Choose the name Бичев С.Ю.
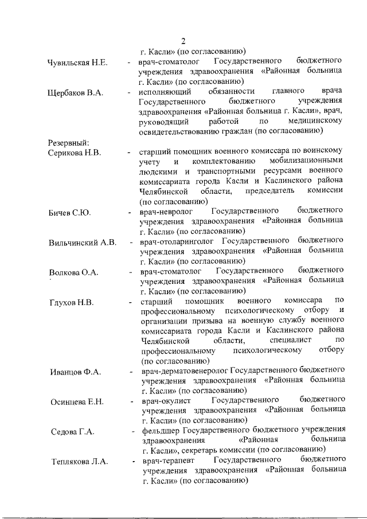pyautogui.click(x=70, y=213)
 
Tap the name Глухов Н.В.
pyautogui.click(x=72, y=302)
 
